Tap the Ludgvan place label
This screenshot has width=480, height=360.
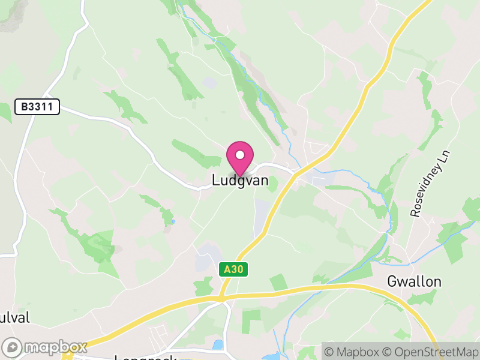click(240, 180)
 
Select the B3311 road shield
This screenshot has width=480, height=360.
click(37, 107)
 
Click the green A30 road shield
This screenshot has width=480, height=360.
click(233, 270)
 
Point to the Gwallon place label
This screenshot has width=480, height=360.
click(414, 281)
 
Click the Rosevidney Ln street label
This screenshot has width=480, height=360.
click(431, 184)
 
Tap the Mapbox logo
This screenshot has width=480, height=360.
click(45, 347)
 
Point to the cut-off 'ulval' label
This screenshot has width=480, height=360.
click(15, 317)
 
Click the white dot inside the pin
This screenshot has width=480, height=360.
click(240, 155)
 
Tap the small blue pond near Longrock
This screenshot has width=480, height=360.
click(217, 345)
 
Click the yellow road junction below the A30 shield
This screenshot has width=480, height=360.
click(221, 297)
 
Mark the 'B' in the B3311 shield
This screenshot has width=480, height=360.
click(25, 107)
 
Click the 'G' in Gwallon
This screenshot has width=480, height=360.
click(392, 281)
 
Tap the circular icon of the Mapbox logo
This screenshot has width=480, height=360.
click(13, 347)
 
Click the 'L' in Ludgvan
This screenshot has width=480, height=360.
click(215, 180)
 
